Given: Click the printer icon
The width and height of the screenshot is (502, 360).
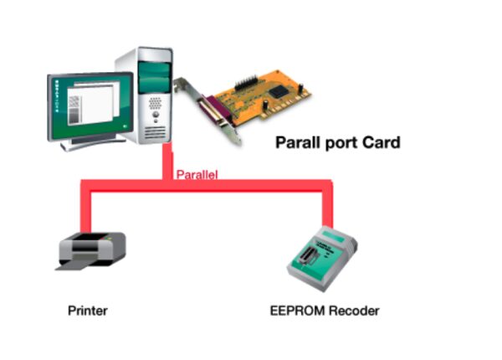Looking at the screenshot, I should [x=90, y=250].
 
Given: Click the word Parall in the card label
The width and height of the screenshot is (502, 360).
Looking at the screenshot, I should [x=298, y=143].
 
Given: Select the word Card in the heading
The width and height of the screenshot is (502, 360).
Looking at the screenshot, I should [x=380, y=143].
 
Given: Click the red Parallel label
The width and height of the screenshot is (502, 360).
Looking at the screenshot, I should [x=197, y=175].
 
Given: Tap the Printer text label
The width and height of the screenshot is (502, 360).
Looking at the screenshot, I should [x=87, y=311].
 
